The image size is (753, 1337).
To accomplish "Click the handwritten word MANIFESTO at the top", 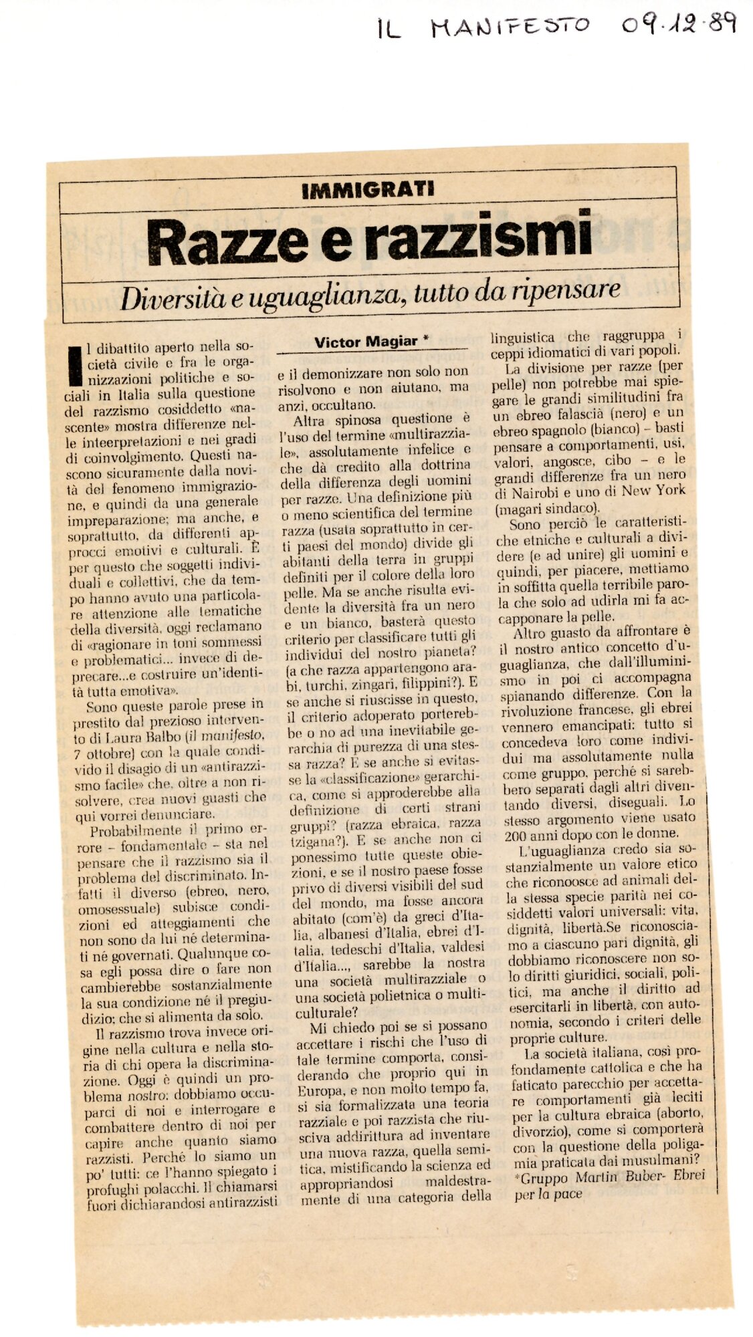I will coord(510,27).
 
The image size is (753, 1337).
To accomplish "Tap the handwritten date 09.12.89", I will coord(677,25).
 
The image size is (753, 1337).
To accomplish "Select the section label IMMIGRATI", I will coord(368,190).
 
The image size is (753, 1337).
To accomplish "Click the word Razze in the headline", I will coord(227,242).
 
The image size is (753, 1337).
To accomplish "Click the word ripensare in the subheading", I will coord(566,290).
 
